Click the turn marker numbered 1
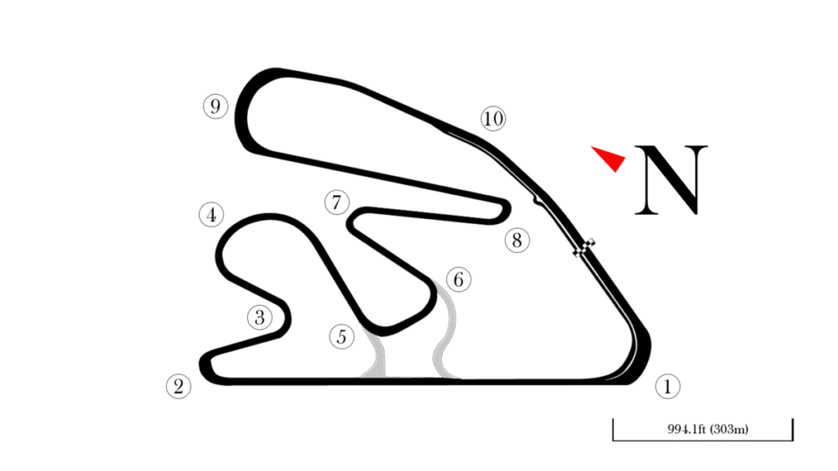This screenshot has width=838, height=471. [x=668, y=386]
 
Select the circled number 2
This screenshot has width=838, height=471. [x=178, y=386]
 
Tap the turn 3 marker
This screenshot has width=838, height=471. [x=259, y=317]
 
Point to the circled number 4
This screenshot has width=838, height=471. [x=211, y=215]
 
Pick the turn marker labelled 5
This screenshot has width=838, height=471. [x=342, y=336]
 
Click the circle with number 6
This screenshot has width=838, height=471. [x=458, y=280]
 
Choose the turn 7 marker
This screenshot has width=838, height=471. [x=336, y=202]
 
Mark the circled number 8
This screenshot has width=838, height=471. [x=516, y=240]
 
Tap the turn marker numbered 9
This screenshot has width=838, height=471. [x=215, y=106]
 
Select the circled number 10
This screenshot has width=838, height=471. [x=493, y=119]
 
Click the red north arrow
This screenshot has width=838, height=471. [x=610, y=157]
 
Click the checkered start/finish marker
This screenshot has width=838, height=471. [x=585, y=249]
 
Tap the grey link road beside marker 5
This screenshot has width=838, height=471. [x=376, y=357]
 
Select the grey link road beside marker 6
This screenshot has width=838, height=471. [x=444, y=331]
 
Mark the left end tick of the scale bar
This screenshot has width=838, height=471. [x=614, y=430]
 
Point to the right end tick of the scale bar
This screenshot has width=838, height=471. [x=792, y=430]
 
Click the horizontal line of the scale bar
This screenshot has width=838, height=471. [x=703, y=439]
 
